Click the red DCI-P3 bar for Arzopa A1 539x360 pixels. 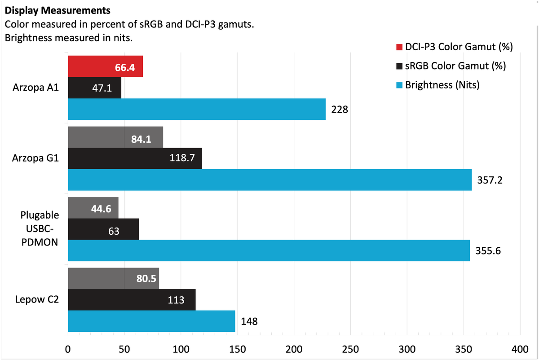point(105,66)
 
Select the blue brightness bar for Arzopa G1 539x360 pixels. point(269,180)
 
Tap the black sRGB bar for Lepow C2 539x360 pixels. point(132,300)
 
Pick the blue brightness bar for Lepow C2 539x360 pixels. point(151,321)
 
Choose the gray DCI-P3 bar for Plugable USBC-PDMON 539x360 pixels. point(93,208)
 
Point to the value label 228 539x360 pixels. point(340,109)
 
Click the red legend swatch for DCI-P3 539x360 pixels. point(399,47)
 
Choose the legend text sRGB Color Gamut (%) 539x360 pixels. point(455,66)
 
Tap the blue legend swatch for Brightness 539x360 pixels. point(399,85)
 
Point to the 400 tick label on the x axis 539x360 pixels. point(520,349)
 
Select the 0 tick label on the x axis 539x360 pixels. point(68,349)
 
